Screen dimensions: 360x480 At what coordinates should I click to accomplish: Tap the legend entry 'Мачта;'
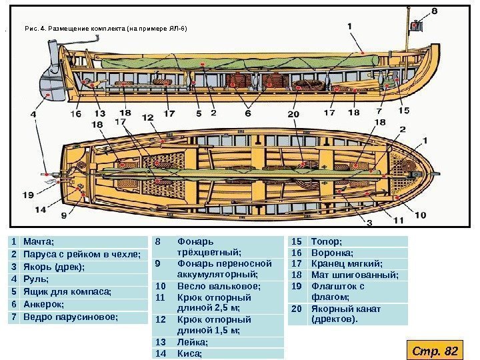pos(39,241)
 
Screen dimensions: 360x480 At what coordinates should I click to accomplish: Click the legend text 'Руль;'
pos(34,279)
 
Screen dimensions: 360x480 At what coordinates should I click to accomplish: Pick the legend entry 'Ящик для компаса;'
pos(67,292)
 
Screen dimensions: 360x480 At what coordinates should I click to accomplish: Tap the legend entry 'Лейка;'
pos(192,342)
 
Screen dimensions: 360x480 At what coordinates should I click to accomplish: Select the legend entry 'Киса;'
pos(189,354)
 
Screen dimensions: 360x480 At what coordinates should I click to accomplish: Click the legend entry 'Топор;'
pos(327,241)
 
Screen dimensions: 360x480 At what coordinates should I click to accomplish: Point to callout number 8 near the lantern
pos(435,11)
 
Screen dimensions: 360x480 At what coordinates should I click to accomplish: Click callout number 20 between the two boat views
pos(294,114)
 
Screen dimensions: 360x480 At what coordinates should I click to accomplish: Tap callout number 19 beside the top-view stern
pos(28,195)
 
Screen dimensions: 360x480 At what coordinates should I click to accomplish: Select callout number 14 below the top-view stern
pos(41,209)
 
